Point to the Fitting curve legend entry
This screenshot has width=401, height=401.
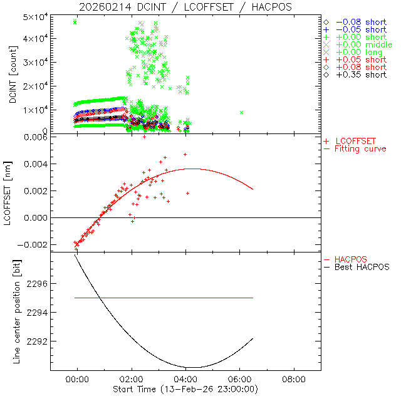[360, 148]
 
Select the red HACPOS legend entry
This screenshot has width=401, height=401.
[351, 259]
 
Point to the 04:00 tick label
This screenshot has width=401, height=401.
[185, 379]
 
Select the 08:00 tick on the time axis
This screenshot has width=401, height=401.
[294, 379]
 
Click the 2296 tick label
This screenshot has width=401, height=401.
[38, 284]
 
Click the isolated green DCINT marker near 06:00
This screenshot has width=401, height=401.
[241, 112]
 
